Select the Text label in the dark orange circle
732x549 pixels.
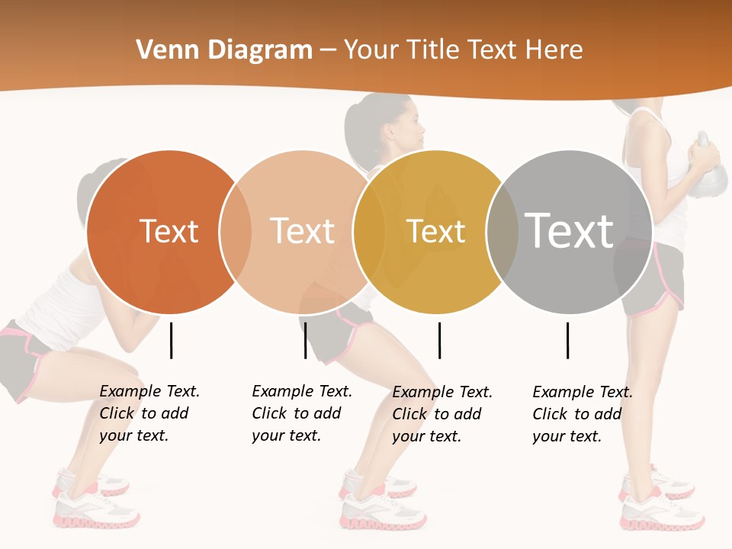[x=169, y=231]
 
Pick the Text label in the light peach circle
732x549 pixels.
[x=302, y=231]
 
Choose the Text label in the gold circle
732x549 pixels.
[x=435, y=231]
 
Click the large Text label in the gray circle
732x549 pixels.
[x=570, y=230]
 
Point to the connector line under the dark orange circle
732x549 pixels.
[x=172, y=340]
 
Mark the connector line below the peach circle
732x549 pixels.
[x=305, y=340]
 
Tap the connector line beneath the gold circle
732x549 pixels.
[x=439, y=340]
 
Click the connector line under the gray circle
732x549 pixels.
[x=567, y=340]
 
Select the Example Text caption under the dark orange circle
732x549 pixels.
[x=149, y=413]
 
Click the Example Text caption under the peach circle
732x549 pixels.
[x=301, y=413]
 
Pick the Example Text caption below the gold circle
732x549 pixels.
[x=441, y=414]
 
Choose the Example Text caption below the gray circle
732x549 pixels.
[x=582, y=414]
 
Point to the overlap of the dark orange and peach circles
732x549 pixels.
[x=236, y=231]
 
